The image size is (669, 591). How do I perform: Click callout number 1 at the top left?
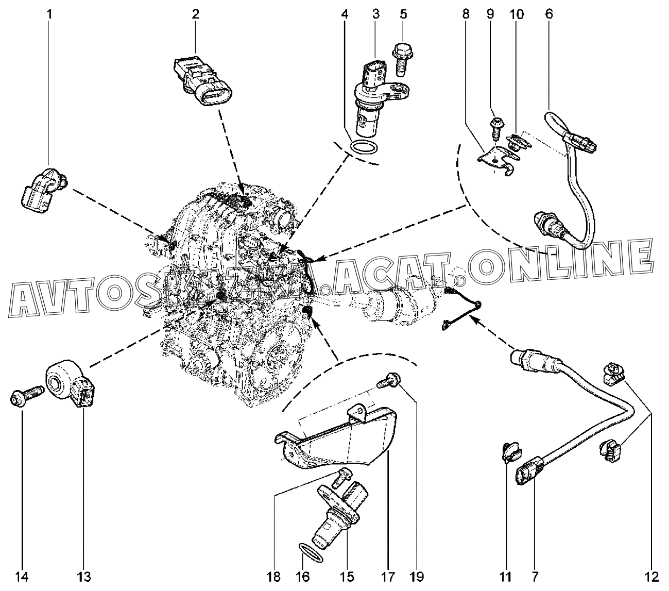click(x=50, y=15)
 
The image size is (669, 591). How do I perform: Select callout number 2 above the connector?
click(x=196, y=15)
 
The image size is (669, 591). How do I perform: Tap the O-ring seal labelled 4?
click(x=363, y=146)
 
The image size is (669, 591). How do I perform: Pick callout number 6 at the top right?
click(x=549, y=15)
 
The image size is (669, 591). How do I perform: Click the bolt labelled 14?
click(x=25, y=398)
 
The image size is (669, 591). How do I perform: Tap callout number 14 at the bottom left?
click(x=22, y=576)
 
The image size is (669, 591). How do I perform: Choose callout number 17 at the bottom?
click(x=387, y=576)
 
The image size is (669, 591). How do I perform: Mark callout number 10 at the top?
click(x=517, y=15)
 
